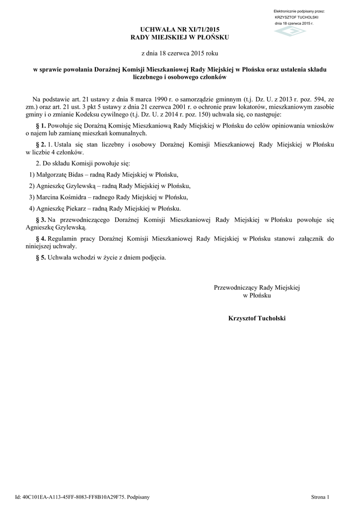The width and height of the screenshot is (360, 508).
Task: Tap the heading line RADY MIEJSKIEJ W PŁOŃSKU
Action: [180, 38]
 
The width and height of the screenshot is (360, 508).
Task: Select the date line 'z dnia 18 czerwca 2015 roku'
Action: [180, 53]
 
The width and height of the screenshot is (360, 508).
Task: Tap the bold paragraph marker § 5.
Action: [41, 257]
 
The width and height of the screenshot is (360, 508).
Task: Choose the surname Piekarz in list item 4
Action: [74, 208]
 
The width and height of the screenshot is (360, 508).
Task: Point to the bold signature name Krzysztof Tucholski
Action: [257, 317]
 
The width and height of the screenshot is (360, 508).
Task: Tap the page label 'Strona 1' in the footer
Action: [320, 497]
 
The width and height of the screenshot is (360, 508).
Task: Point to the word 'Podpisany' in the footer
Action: [139, 497]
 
